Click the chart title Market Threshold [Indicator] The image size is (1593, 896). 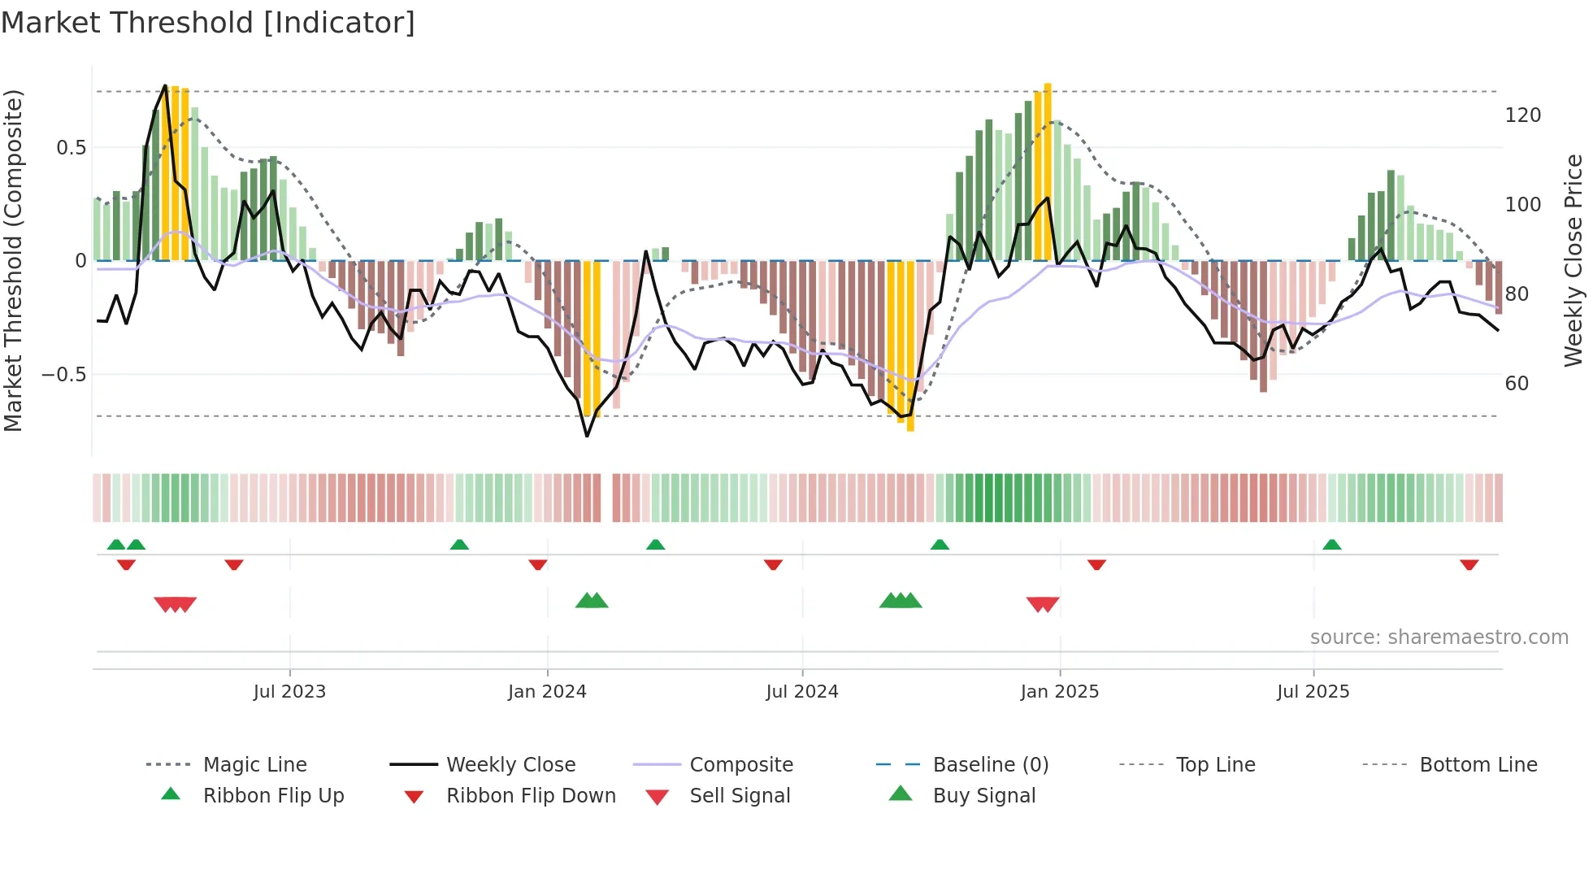coord(208,23)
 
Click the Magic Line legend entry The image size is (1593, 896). coord(254,764)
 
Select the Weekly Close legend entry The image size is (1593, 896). coord(510,764)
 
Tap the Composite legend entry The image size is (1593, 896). coord(740,764)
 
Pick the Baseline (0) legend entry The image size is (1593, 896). coord(990,764)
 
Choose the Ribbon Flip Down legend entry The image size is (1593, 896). coord(530,795)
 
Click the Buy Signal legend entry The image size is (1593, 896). coord(983,795)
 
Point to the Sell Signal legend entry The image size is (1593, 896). coord(739,795)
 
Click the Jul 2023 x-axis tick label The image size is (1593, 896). coord(289,691)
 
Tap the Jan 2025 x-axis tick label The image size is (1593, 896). coord(1059,691)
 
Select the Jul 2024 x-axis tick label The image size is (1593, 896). coord(801,691)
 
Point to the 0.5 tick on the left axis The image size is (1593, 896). coord(71,147)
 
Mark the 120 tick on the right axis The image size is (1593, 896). coord(1522,115)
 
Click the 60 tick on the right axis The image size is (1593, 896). coord(1517,383)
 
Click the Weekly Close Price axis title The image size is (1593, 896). coord(1573,260)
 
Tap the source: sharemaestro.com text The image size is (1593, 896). coord(1439,637)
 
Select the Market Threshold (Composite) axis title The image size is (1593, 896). coord(13,260)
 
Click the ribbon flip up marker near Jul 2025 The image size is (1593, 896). coord(1331,544)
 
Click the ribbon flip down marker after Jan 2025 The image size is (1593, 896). coord(1096,564)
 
